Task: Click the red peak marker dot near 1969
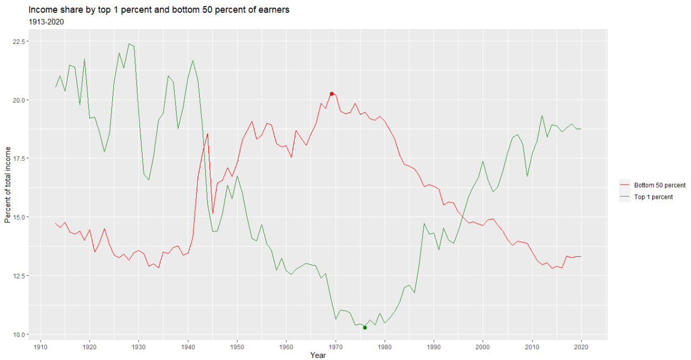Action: pyautogui.click(x=331, y=94)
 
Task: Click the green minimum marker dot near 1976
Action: pyautogui.click(x=365, y=328)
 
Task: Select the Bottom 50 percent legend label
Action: pyautogui.click(x=660, y=185)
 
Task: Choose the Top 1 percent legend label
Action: pyautogui.click(x=653, y=197)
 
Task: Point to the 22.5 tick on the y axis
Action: pyautogui.click(x=18, y=42)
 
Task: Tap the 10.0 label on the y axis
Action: pyautogui.click(x=18, y=335)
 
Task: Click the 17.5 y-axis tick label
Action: pyautogui.click(x=18, y=158)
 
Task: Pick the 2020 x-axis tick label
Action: pyautogui.click(x=581, y=347)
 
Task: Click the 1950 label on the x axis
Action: pyautogui.click(x=237, y=347)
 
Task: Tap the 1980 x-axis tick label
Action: pyautogui.click(x=385, y=347)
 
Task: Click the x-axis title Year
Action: pyautogui.click(x=318, y=355)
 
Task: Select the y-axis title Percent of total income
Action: pyautogui.click(x=8, y=185)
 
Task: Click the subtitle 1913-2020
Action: pyautogui.click(x=46, y=22)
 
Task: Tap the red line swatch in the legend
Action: pyautogui.click(x=625, y=185)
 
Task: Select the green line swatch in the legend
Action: pyautogui.click(x=625, y=196)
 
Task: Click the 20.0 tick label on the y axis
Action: pyautogui.click(x=18, y=100)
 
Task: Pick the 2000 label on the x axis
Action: pyautogui.click(x=483, y=347)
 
